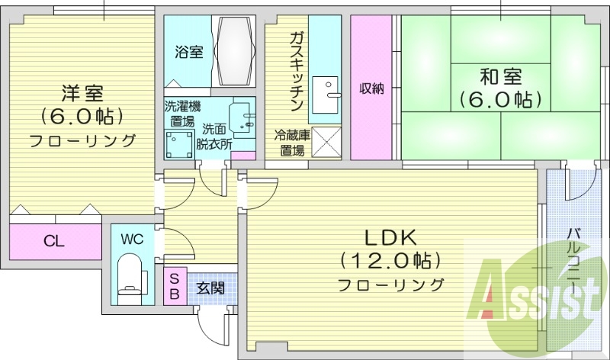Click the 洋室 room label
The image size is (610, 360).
(82, 94)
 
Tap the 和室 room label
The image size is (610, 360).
(500, 76)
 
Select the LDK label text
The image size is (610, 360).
(391, 236)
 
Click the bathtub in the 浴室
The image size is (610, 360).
(236, 51)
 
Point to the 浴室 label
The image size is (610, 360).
(189, 53)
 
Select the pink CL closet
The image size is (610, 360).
(55, 243)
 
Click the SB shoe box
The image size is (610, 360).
(175, 286)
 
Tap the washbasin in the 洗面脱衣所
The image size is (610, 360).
(242, 114)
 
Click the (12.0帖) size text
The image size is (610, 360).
(391, 261)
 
